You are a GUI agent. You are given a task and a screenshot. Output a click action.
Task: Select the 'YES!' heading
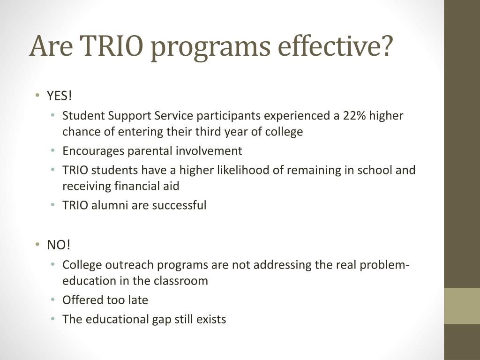(60, 96)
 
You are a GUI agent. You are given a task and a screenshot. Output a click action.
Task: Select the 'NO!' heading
(58, 245)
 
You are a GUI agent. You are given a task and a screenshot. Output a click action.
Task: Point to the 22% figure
(354, 116)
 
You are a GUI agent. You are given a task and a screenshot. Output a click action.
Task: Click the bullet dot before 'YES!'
(37, 96)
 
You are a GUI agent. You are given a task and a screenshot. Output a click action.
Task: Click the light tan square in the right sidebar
(462, 306)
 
